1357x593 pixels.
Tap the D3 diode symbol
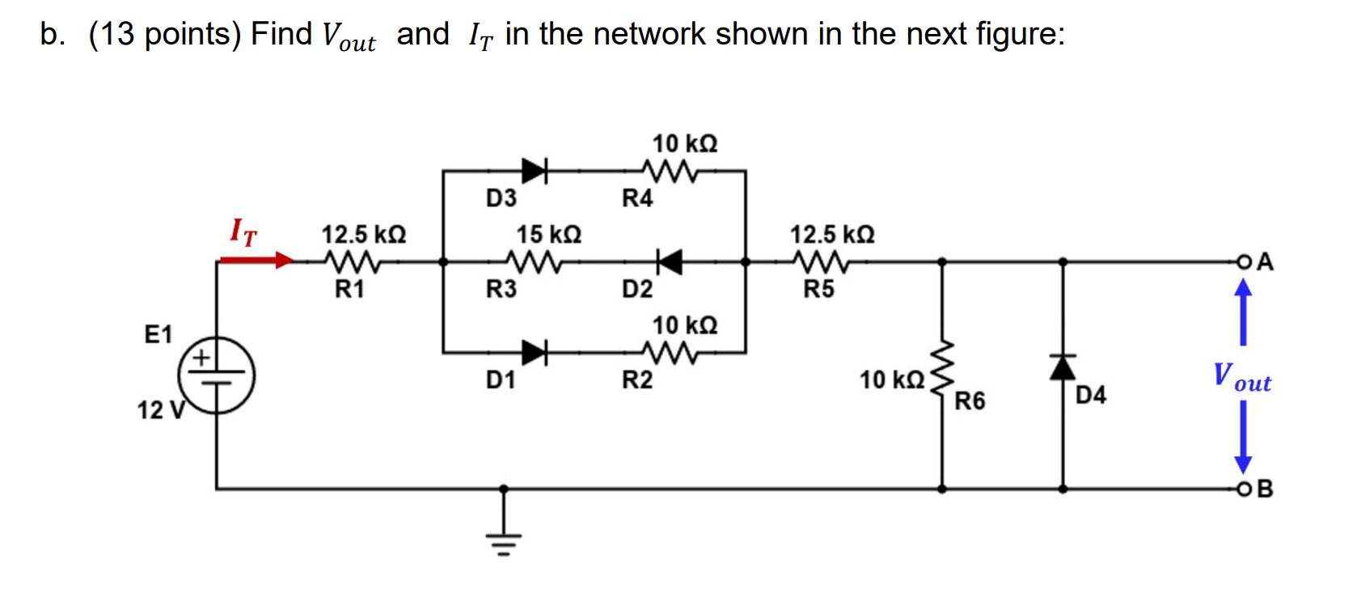[x=535, y=171]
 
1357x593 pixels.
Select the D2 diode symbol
[x=669, y=261]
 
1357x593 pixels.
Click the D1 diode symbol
[x=535, y=353]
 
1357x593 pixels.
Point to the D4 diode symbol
[x=1063, y=367]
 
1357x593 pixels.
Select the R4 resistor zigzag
[x=670, y=171]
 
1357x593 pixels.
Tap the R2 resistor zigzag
[x=670, y=353]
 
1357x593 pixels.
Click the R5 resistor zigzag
[x=820, y=261]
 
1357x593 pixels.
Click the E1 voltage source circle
[x=216, y=375]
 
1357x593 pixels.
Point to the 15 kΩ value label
[x=549, y=235]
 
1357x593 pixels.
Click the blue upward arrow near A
[x=1243, y=311]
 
